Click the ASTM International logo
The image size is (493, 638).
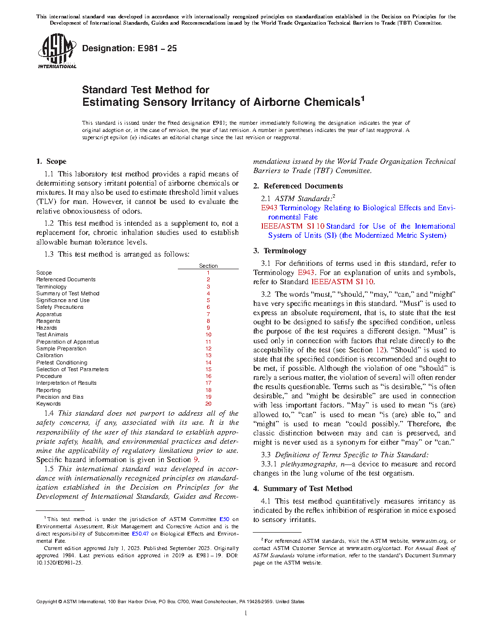click(x=57, y=51)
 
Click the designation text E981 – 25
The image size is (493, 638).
click(x=130, y=48)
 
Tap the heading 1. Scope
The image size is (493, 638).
click(x=51, y=161)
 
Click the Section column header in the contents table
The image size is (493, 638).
click(x=208, y=266)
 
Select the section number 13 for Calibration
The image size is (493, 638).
click(x=208, y=355)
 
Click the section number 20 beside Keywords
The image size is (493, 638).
click(x=208, y=404)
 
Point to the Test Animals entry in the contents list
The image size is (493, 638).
click(x=52, y=334)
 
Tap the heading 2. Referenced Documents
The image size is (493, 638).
click(x=298, y=186)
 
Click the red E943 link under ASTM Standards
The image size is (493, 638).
click(x=269, y=208)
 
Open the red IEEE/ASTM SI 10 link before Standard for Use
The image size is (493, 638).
click(x=292, y=226)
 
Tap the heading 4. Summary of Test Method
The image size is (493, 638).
click(x=303, y=489)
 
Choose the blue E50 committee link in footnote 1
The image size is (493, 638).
click(x=224, y=519)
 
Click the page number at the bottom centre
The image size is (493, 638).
click(x=246, y=613)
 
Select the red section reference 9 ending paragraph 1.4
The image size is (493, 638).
click(x=196, y=460)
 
